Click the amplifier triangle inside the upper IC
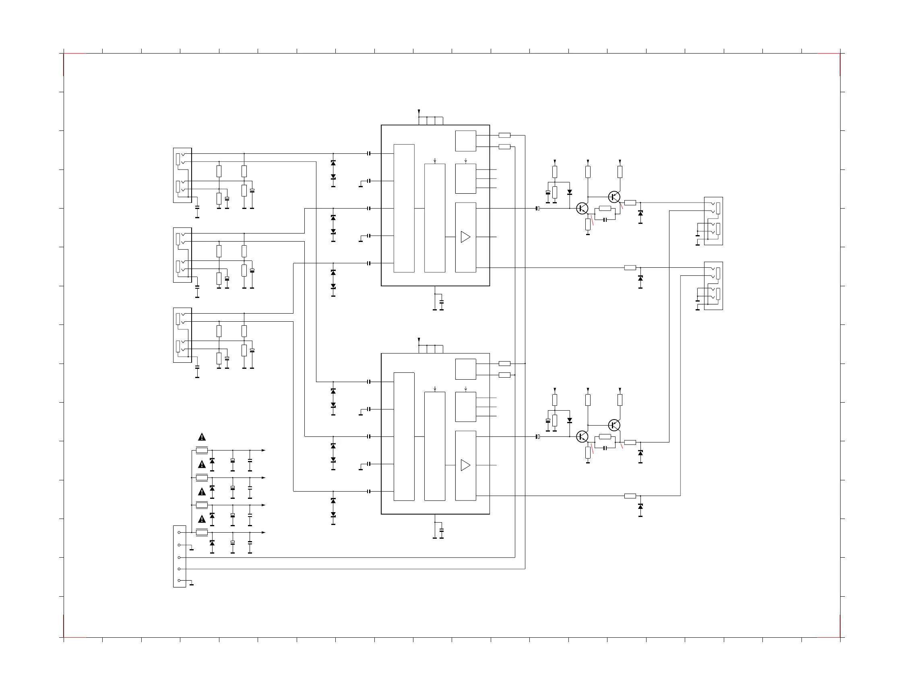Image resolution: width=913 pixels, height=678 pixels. (465, 237)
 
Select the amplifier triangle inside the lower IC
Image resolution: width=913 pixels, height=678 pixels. (465, 465)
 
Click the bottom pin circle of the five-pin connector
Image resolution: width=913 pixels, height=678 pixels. (179, 580)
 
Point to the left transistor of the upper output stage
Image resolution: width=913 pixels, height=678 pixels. (582, 209)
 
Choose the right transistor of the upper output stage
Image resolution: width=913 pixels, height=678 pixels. (614, 197)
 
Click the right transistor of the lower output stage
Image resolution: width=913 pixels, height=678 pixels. (614, 425)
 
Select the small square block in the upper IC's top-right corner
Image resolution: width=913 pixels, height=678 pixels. (465, 141)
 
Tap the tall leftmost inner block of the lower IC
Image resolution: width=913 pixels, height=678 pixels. (404, 437)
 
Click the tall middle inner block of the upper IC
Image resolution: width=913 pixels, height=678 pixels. (434, 218)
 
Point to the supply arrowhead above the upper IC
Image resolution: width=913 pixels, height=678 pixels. (419, 111)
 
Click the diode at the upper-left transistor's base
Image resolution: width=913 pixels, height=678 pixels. (570, 192)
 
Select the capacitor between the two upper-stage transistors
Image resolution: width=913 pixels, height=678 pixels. (605, 220)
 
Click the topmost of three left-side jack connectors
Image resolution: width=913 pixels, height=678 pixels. (183, 175)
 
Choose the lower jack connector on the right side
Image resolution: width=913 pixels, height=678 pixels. (713, 285)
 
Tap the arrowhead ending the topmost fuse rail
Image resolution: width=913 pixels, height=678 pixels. (263, 450)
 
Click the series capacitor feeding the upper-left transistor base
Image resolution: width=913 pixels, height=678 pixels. (537, 209)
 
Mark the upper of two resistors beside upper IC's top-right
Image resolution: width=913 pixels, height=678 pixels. (504, 135)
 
